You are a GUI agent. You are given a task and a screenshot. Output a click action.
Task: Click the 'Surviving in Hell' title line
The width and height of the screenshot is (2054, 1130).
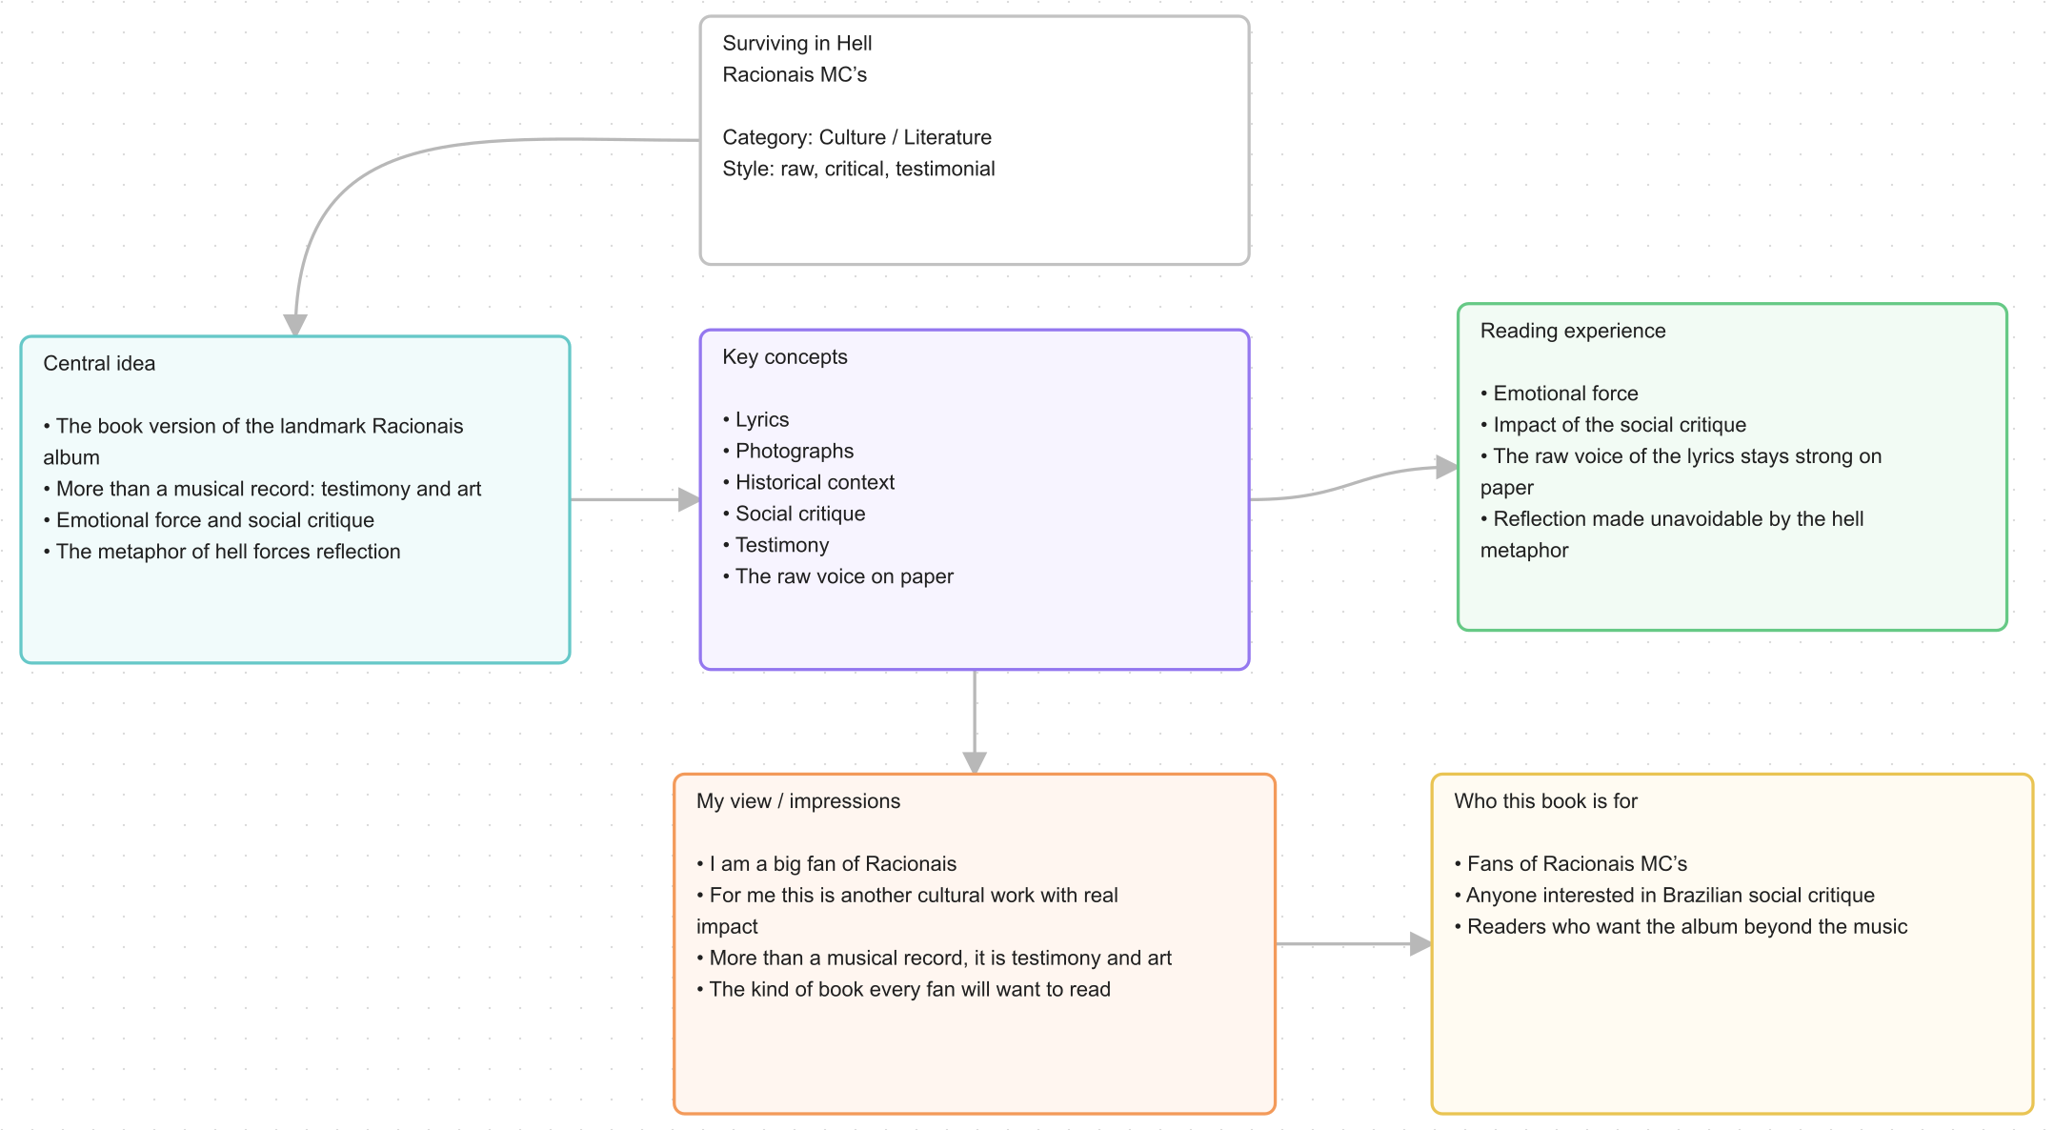coord(796,43)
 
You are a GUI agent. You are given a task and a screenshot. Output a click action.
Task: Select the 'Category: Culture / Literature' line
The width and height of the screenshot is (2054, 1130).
coord(856,137)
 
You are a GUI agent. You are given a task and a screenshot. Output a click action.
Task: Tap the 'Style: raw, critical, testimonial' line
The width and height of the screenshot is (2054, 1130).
coord(858,169)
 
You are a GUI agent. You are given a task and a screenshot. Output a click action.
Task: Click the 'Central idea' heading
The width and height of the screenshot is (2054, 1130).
coord(99,363)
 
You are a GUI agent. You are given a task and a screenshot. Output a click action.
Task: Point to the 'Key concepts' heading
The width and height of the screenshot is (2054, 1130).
coord(785,356)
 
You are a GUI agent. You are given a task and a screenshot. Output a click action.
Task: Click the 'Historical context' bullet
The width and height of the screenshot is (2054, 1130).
coord(808,482)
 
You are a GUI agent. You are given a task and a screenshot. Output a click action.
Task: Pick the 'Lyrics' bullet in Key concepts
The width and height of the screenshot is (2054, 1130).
coord(755,419)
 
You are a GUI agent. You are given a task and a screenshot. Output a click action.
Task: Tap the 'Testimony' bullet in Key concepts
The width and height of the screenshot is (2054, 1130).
coord(775,545)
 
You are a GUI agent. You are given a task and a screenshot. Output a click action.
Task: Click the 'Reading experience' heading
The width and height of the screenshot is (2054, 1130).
coord(1573,331)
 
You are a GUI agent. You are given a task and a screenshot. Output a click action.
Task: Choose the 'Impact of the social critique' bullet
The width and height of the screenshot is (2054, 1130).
coord(1613,425)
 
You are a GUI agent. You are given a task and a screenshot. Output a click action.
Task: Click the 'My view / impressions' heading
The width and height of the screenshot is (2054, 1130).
coord(798,801)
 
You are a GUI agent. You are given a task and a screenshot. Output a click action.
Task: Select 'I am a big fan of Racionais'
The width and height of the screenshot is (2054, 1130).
coord(826,864)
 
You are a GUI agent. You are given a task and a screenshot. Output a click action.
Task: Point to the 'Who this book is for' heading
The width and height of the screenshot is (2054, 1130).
coord(1545,801)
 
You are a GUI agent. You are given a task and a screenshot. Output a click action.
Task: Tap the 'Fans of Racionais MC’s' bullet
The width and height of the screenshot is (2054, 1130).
coord(1570,864)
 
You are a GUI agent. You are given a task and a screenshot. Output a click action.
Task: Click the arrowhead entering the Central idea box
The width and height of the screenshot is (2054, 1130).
coord(295,325)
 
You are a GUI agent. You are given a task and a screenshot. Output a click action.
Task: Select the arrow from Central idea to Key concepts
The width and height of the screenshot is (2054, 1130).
coord(635,499)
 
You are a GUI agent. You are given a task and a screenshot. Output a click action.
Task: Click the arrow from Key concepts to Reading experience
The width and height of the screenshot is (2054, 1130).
coord(1353,482)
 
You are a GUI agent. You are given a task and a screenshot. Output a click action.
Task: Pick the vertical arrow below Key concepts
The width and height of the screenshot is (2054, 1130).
coord(975,721)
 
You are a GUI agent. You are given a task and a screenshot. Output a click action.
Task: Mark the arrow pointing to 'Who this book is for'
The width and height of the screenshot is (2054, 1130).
coord(1353,944)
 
